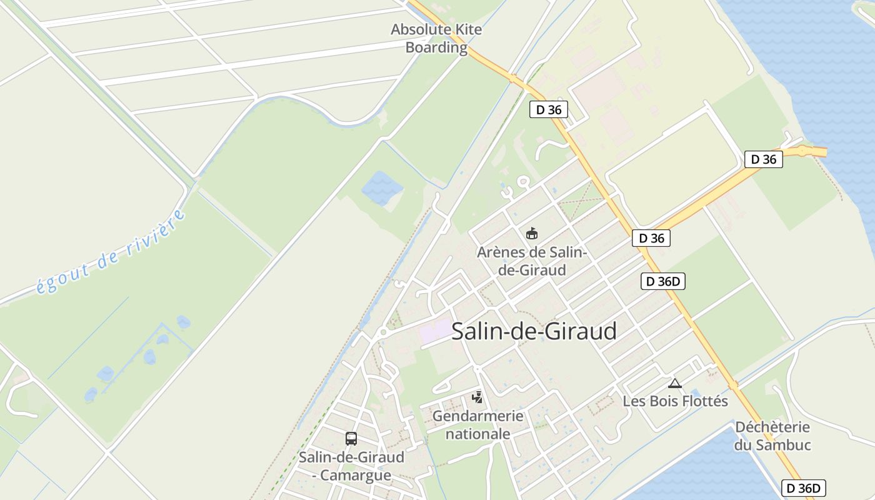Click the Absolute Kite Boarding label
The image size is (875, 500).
click(x=436, y=38)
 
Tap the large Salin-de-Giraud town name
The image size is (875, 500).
click(x=534, y=331)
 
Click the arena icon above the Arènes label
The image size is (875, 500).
click(x=531, y=234)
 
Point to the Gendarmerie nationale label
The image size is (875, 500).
click(x=477, y=424)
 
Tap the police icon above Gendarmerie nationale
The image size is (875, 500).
click(x=477, y=397)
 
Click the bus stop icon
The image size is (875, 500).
click(x=351, y=438)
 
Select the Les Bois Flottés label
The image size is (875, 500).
click(x=675, y=401)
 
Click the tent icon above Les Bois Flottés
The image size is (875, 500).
click(x=674, y=383)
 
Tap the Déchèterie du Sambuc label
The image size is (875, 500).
click(x=772, y=436)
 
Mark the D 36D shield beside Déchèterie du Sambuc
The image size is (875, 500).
click(x=804, y=488)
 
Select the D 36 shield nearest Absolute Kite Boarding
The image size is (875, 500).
click(x=549, y=110)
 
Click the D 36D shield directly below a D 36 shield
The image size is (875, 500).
click(x=663, y=282)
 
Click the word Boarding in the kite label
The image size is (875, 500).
click(x=436, y=47)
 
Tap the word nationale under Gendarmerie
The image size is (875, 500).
click(x=477, y=434)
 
